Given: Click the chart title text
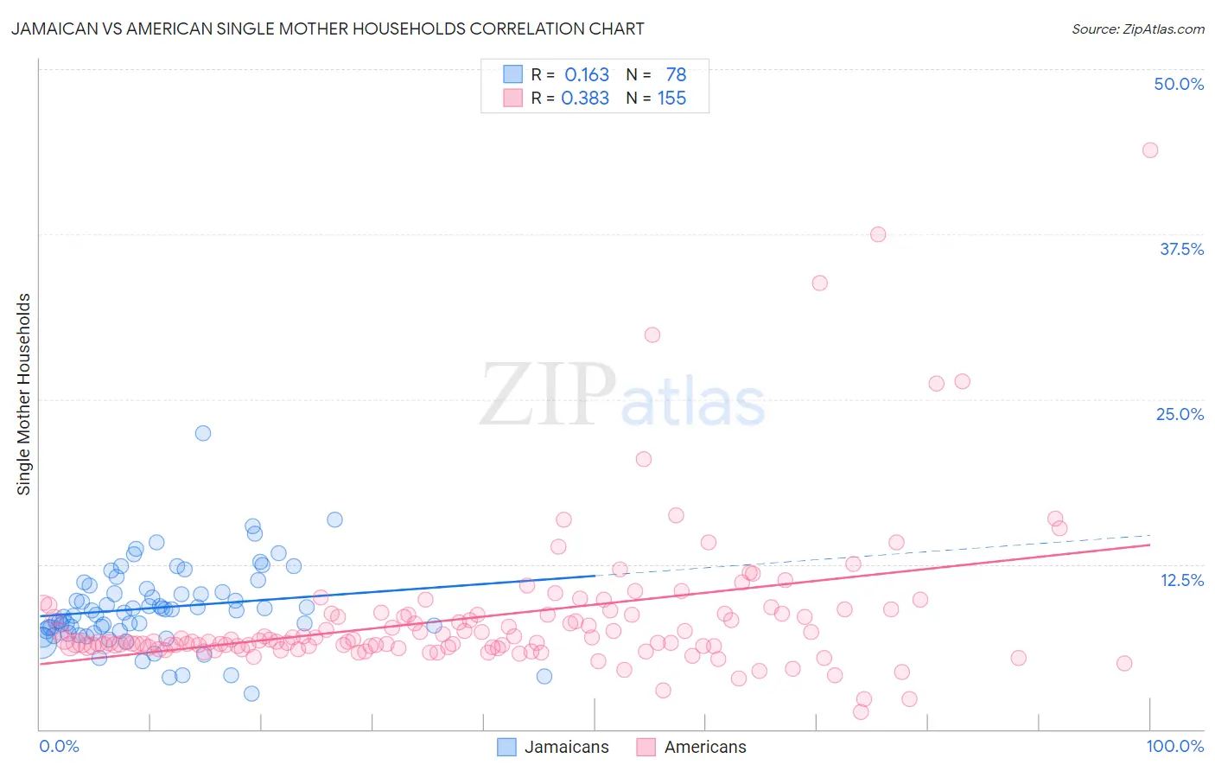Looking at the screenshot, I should (x=327, y=29).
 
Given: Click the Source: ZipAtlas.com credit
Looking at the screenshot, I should (x=1137, y=29).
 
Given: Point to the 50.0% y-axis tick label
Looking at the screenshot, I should (x=1179, y=84).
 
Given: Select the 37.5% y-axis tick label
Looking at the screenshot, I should (x=1181, y=249).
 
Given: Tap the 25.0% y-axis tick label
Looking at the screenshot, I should (x=1180, y=414).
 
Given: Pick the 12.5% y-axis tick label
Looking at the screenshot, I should (x=1181, y=579).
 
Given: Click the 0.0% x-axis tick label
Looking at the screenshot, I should (x=59, y=746).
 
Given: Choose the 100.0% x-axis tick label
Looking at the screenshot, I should (x=1174, y=746).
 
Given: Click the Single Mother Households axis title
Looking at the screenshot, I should (x=24, y=394).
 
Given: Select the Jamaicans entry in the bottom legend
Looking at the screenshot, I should (x=566, y=747).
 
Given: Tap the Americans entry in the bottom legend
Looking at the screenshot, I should (x=704, y=747).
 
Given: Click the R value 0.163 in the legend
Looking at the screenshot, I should (x=587, y=75).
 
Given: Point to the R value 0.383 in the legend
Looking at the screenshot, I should (x=585, y=99).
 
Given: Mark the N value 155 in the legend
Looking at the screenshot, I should (x=671, y=99).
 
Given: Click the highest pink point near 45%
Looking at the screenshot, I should (x=1149, y=150).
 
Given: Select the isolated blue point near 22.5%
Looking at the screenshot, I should (x=203, y=433).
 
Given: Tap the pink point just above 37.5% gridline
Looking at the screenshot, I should (x=878, y=234).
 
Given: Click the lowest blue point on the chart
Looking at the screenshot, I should (x=251, y=693).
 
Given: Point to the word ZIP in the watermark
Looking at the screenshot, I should (x=547, y=394).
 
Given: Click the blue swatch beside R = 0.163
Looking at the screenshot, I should (x=512, y=75).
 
